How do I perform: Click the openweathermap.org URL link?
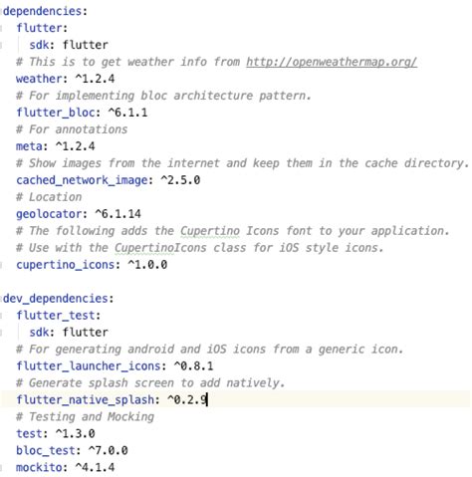(x=332, y=62)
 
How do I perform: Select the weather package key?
(x=40, y=79)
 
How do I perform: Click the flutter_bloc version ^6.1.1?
(x=127, y=113)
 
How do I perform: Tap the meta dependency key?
(x=29, y=146)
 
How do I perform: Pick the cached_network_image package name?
(x=82, y=180)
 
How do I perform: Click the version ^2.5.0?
(x=180, y=180)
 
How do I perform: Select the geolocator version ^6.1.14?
(x=118, y=214)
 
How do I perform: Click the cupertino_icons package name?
(x=66, y=265)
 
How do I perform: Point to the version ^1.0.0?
(x=147, y=265)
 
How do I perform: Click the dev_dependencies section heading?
(x=56, y=299)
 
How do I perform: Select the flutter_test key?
(x=56, y=316)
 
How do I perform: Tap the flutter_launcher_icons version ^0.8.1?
(x=193, y=365)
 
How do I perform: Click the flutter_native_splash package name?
(x=86, y=399)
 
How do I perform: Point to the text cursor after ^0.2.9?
(x=207, y=399)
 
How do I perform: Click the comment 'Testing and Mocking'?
(x=92, y=417)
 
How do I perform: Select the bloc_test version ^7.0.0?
(x=109, y=450)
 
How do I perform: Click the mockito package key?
(x=39, y=467)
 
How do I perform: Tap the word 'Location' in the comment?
(x=56, y=197)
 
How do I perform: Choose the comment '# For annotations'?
(x=72, y=129)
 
